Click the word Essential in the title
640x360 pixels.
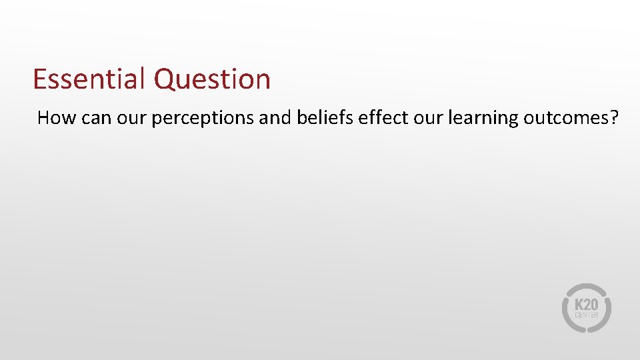coord(89,79)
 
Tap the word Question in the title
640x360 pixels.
coord(212,80)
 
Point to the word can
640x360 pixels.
coord(93,119)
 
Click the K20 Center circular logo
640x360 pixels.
coord(586,307)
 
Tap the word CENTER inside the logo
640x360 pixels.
coord(586,315)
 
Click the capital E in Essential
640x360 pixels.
coord(39,79)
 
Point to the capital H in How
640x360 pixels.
coord(44,118)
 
